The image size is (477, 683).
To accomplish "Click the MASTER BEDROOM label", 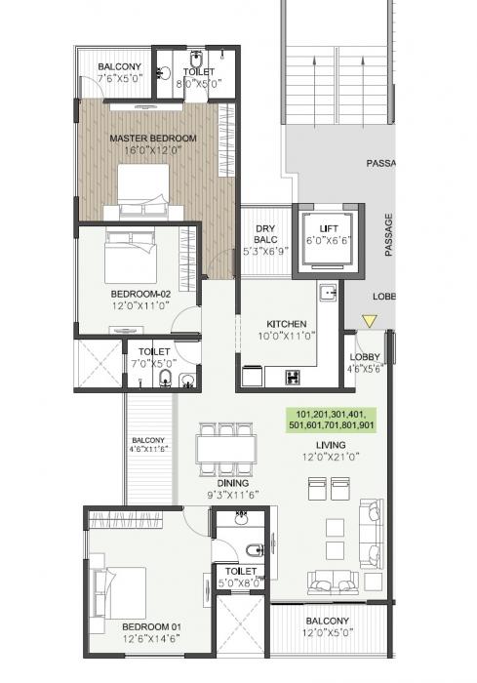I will coord(152,139).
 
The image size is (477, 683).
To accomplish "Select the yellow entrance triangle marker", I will coord(369,321).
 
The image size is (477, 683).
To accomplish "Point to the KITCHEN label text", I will coord(287,324).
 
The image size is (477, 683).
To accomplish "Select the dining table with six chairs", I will coord(225,449).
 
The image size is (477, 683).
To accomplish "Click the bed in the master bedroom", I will coord(146,190).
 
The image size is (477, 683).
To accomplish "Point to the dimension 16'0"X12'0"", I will coord(152,152).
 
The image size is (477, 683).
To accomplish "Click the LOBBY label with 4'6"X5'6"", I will coord(364,363).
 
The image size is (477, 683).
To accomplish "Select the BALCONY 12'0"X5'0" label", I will coord(328,626).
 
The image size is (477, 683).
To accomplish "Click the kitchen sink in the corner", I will coord(330,290).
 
